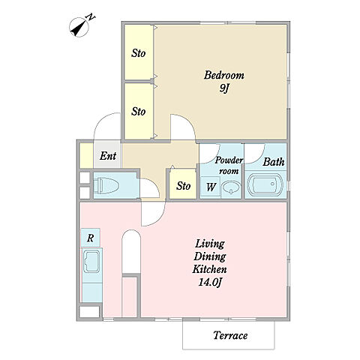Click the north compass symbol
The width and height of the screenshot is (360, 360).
[79, 28]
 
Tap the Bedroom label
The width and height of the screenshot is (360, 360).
[224, 75]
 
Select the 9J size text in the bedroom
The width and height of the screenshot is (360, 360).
[224, 88]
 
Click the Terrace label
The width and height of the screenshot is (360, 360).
[230, 335]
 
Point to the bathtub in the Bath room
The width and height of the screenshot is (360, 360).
[265, 184]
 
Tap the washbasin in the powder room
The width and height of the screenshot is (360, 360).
[231, 187]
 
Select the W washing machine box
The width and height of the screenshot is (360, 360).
[211, 187]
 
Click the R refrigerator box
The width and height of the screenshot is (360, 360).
[90, 238]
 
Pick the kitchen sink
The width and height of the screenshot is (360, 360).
[91, 261]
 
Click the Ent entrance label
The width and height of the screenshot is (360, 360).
[108, 156]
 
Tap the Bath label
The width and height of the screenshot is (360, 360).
[274, 162]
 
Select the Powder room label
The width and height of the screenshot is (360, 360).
[229, 166]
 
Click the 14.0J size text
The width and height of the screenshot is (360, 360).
[210, 283]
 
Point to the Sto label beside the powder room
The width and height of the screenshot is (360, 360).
[183, 186]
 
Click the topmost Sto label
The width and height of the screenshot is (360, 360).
[138, 53]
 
